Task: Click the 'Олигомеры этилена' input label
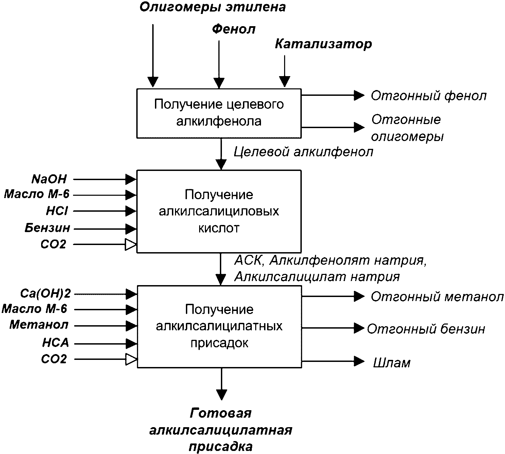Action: coord(213,7)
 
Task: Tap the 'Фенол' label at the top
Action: coord(234,29)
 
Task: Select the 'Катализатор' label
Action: coord(324,44)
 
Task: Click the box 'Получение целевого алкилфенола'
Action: coord(219,113)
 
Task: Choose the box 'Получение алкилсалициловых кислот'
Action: coord(219,211)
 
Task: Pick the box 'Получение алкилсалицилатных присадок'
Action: coord(219,327)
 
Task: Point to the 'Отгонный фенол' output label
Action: coord(429,96)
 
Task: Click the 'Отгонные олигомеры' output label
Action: coord(407,128)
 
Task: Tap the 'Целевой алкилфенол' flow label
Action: coord(303,152)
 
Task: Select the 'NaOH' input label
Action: coord(49,179)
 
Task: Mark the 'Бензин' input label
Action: coord(47,228)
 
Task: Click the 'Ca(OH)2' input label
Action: coord(45,294)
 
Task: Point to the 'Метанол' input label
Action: coord(39,325)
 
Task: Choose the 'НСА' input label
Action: coord(56,343)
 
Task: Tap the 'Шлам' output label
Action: coord(392,363)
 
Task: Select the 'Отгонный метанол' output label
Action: coord(437,297)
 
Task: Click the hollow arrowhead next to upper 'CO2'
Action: coord(130,244)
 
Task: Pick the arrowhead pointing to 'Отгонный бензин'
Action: coord(359,328)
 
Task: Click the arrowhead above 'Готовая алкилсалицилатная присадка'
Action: coord(222,395)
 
